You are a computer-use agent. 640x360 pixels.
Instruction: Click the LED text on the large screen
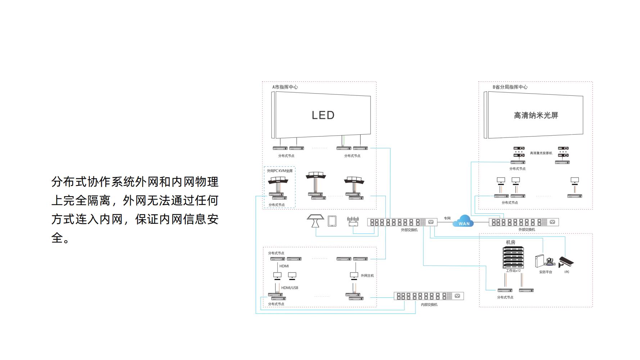(x=323, y=115)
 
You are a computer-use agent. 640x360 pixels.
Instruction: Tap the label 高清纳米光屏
(x=536, y=115)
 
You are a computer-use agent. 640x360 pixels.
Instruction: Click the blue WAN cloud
(x=464, y=221)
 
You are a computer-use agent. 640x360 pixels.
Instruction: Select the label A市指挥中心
(x=285, y=87)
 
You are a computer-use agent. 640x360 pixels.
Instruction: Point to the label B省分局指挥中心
(x=510, y=87)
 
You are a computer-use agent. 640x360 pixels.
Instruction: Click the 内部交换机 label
(x=429, y=305)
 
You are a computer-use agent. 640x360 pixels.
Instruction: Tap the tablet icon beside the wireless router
(x=332, y=221)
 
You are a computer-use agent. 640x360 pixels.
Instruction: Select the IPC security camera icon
(x=566, y=262)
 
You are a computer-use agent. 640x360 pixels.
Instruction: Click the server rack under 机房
(x=513, y=257)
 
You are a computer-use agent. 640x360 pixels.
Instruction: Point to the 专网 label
(x=447, y=218)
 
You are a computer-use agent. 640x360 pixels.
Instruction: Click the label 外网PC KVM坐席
(x=280, y=171)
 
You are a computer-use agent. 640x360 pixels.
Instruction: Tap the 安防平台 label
(x=545, y=272)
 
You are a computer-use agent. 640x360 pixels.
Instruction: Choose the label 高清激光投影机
(x=541, y=153)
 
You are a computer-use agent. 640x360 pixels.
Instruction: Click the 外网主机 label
(x=367, y=276)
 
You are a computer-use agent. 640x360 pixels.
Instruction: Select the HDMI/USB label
(x=289, y=288)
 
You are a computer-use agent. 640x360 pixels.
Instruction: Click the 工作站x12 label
(x=513, y=271)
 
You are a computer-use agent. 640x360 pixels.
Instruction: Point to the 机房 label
(x=510, y=242)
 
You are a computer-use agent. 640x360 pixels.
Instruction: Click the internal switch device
(x=429, y=296)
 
